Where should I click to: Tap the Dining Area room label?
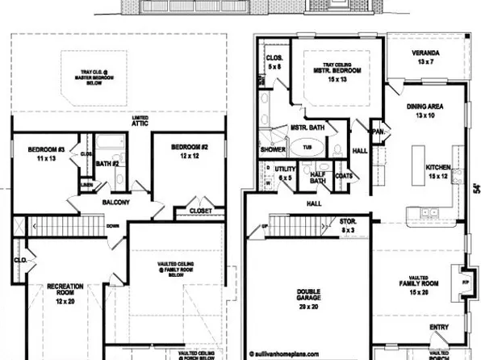[x=431, y=111]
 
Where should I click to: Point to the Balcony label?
[x=115, y=203]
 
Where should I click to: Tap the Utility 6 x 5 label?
[x=287, y=174]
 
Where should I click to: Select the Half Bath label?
[x=318, y=178]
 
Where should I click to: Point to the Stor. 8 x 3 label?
[x=348, y=224]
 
